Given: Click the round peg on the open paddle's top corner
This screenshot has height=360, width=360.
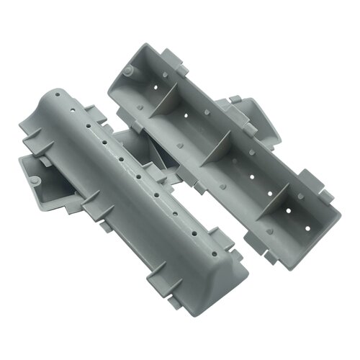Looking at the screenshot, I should (127, 71).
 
